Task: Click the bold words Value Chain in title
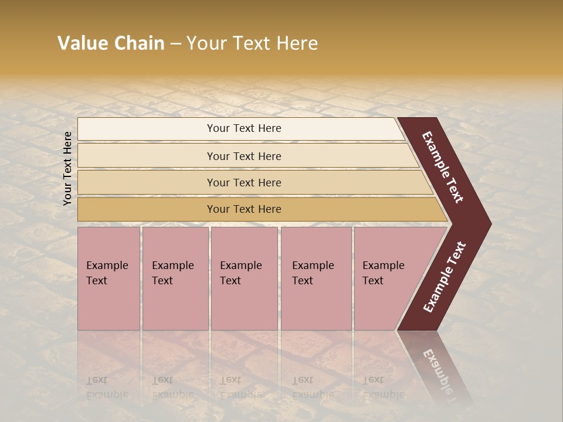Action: click(111, 43)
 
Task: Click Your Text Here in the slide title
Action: click(252, 43)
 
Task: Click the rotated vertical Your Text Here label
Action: click(67, 168)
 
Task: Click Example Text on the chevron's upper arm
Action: click(443, 167)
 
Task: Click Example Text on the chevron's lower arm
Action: click(445, 277)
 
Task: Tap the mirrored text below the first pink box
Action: click(107, 387)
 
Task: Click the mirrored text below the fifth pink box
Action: click(383, 387)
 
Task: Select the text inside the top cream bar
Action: click(244, 128)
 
